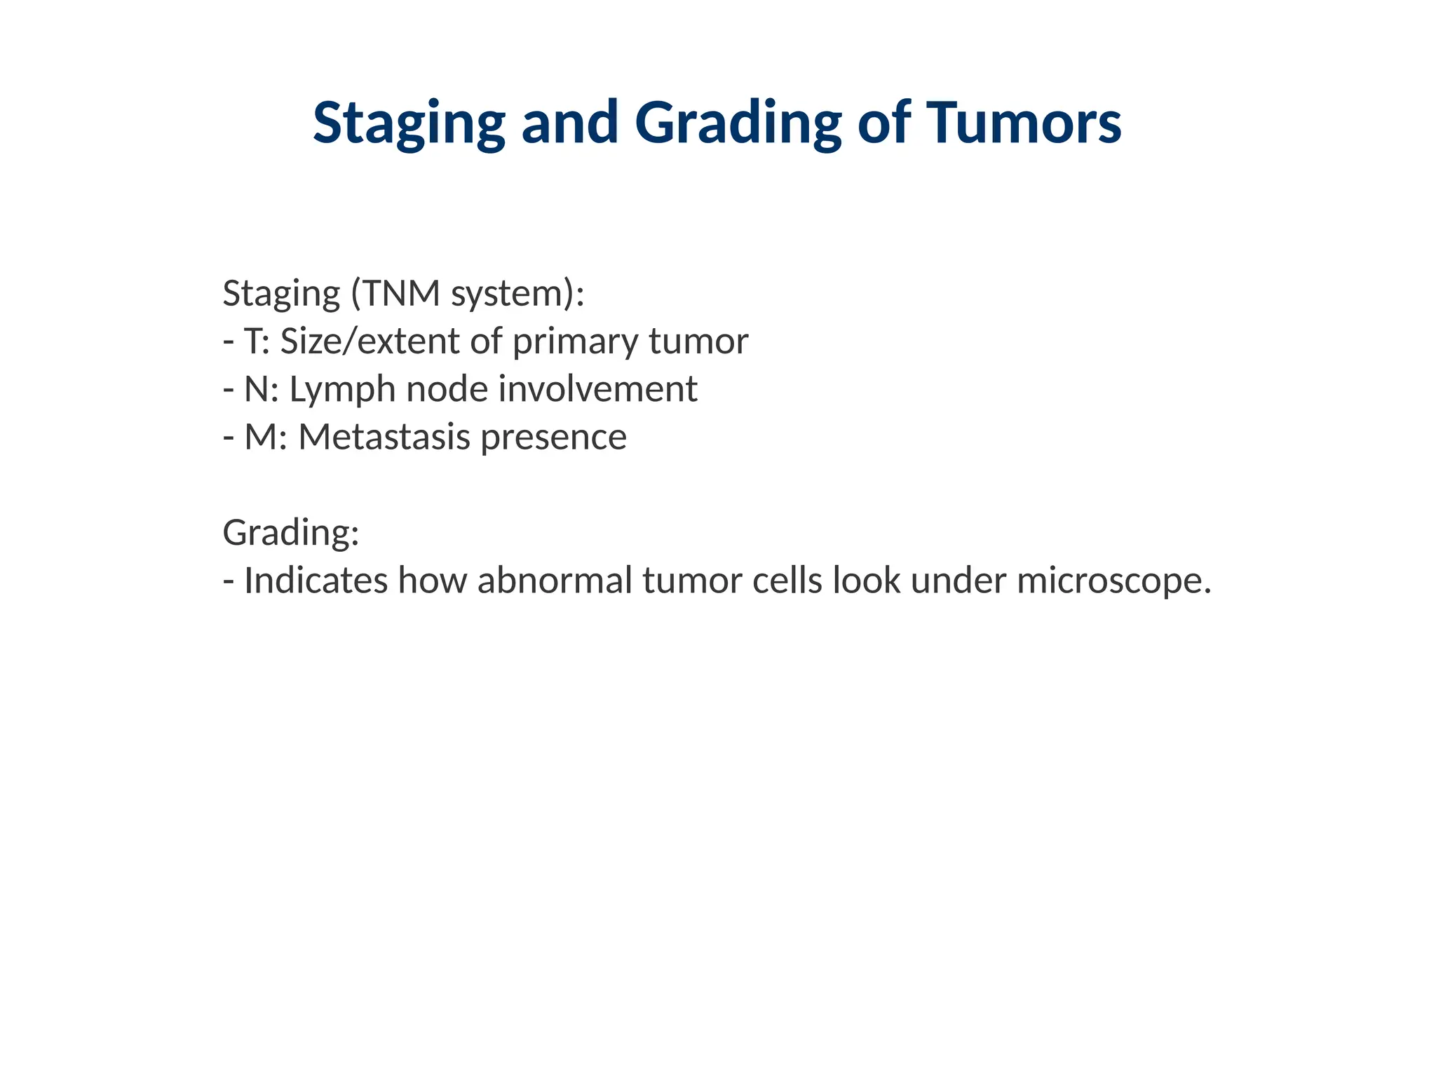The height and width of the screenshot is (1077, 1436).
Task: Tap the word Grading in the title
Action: (x=738, y=123)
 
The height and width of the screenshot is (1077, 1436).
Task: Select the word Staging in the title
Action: (x=409, y=123)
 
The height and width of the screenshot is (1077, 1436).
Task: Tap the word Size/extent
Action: (x=370, y=341)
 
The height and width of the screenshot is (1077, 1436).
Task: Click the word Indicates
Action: (x=316, y=581)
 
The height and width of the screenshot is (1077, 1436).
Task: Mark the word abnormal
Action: (x=555, y=581)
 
